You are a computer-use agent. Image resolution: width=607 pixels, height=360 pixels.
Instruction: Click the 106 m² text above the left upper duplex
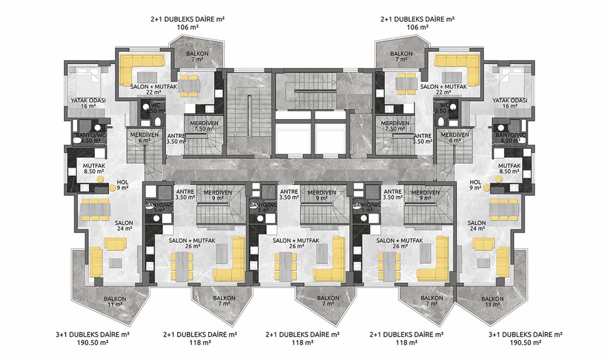[x=187, y=27]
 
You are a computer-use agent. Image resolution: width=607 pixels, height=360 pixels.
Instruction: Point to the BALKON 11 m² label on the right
[x=493, y=301]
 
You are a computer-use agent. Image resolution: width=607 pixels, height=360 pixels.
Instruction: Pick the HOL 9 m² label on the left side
[x=123, y=185]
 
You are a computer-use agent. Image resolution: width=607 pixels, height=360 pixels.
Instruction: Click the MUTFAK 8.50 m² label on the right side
[x=509, y=168]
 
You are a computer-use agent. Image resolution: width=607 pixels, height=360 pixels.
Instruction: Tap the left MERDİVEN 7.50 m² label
[x=204, y=126]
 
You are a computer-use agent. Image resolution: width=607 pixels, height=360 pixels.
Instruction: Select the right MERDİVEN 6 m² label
[x=455, y=138]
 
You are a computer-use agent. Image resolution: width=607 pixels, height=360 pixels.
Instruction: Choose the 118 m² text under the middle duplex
[x=303, y=343]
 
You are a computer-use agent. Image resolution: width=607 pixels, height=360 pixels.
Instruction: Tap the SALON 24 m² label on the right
[x=477, y=225]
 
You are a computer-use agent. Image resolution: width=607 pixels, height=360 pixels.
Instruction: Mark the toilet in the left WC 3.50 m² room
[x=158, y=122]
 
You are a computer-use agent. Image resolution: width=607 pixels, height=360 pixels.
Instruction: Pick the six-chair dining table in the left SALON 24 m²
[x=95, y=209]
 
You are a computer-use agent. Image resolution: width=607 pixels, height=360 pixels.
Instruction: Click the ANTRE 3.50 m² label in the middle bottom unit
[x=289, y=194]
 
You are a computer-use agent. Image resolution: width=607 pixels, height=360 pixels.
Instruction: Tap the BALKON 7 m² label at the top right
[x=401, y=56]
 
